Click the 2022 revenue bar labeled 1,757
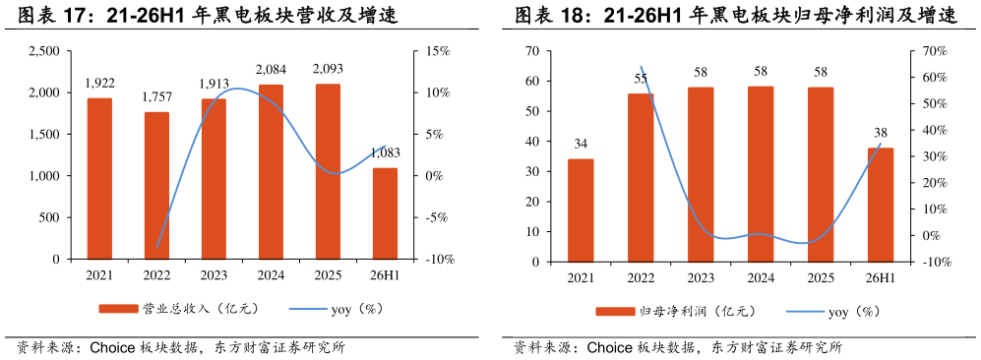(x=156, y=186)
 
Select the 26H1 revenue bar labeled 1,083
(x=385, y=213)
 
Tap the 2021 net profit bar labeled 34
(x=581, y=210)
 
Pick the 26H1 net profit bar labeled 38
(x=881, y=205)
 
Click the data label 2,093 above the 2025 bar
(x=328, y=69)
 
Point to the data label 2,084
(x=271, y=69)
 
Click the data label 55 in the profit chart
(x=640, y=80)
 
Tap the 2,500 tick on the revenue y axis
(x=45, y=51)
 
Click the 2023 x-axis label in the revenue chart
(x=214, y=275)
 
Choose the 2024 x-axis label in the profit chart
(x=761, y=278)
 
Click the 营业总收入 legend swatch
(x=118, y=309)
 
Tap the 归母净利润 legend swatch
(x=615, y=311)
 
